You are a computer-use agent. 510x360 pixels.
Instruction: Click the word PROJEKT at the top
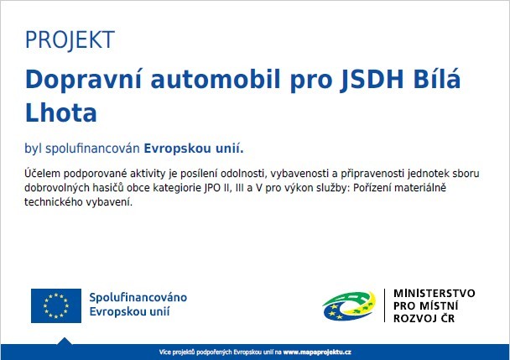coord(70,40)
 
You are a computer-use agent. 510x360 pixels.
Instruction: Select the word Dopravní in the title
coord(83,80)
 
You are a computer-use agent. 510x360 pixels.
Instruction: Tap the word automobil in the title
coord(216,79)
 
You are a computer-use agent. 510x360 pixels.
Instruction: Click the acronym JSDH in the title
coord(371,80)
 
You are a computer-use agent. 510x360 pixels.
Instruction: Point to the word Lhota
coord(61,112)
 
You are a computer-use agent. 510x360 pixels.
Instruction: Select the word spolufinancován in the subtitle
coord(92,149)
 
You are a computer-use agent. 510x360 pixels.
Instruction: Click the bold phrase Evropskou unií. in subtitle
coord(194,149)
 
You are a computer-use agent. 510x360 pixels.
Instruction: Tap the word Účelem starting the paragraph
coord(42,173)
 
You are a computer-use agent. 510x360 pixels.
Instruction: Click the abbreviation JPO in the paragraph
coord(212,188)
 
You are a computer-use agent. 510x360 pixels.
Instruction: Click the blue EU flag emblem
coord(56,305)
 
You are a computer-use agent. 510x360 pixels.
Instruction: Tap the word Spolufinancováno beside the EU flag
coord(138,298)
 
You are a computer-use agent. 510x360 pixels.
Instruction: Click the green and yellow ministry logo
coord(349,305)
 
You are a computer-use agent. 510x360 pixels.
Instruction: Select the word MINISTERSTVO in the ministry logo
coord(435,293)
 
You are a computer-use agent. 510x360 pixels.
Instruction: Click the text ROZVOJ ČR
coord(424,318)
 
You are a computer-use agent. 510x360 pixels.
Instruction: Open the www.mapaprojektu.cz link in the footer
coord(317,352)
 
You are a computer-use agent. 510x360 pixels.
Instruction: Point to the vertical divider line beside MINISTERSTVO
coord(385,305)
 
